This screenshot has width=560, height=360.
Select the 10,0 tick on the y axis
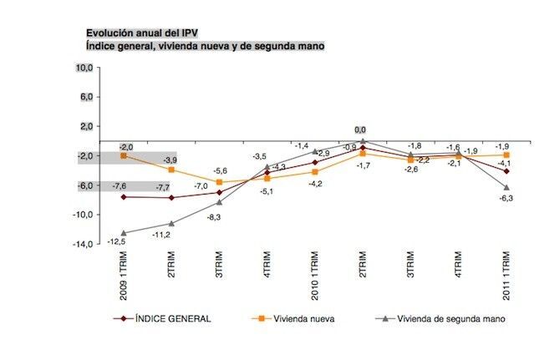87,68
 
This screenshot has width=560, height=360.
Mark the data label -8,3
213,217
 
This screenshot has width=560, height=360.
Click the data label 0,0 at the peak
361,129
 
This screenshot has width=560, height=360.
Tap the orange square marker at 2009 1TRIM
124,155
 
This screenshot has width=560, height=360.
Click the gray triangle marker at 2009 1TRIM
124,233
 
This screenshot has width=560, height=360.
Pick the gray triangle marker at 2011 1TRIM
507,187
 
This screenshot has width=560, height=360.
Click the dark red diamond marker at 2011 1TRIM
507,170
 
